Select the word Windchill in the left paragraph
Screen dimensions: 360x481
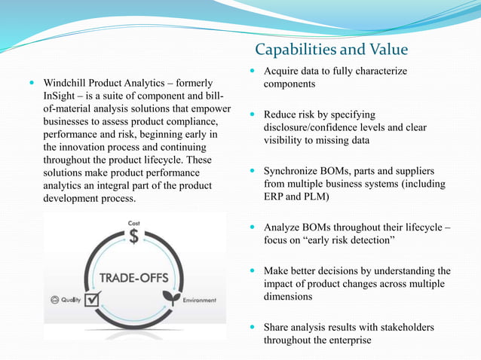(67, 82)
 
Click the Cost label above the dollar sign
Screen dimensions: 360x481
(133, 223)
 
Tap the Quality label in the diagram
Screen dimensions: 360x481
(71, 300)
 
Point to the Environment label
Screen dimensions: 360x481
(200, 300)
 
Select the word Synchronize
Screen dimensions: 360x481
(296, 171)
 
